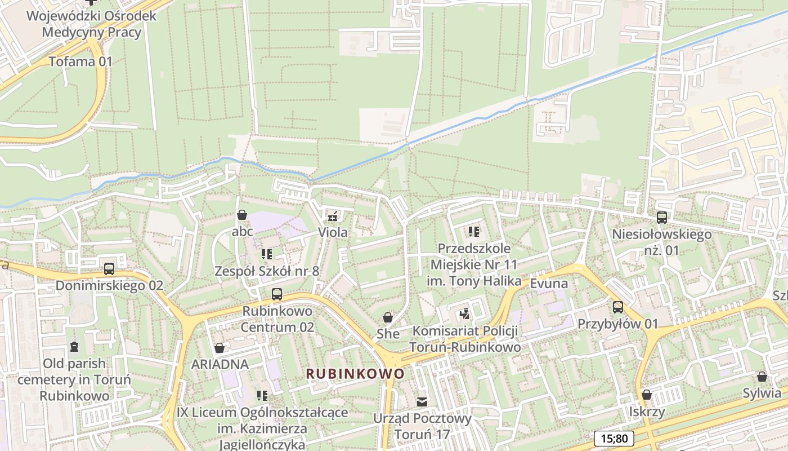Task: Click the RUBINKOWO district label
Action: [x=355, y=374]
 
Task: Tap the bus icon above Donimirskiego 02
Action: [x=109, y=269]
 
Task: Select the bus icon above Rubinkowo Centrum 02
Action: [x=277, y=294]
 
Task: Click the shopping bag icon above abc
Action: [x=242, y=215]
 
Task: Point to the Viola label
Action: [x=333, y=232]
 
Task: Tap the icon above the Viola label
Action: [x=333, y=215]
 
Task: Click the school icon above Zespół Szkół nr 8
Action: [x=267, y=254]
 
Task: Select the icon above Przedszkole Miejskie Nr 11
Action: [x=474, y=232]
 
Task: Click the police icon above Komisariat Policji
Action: [x=465, y=313]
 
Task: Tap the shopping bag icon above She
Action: [x=388, y=317]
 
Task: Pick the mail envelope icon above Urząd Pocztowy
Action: [x=422, y=402]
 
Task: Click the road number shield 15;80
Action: [x=614, y=439]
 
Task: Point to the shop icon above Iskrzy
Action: [x=647, y=395]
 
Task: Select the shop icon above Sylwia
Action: [x=762, y=377]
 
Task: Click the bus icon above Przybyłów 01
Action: [x=618, y=307]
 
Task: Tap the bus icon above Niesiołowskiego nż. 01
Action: [x=662, y=218]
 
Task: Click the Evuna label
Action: [x=549, y=283]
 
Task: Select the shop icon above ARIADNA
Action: [x=220, y=348]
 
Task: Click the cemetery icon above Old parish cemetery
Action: [x=74, y=346]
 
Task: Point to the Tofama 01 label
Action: [x=80, y=61]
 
